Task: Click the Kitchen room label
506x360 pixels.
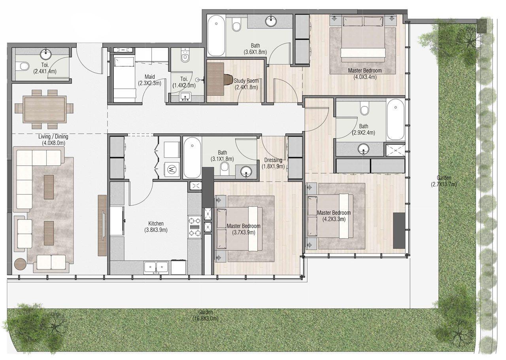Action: tap(154, 224)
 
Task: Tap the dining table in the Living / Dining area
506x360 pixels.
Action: tap(45, 109)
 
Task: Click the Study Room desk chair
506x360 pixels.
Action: tap(228, 79)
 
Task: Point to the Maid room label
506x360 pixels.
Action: tap(149, 77)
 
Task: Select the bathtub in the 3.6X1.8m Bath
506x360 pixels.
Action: tap(216, 36)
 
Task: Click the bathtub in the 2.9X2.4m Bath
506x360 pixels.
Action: tap(395, 119)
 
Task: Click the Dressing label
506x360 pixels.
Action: tap(273, 160)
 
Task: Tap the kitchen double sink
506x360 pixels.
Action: tap(156, 267)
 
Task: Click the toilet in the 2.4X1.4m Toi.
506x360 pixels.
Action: tap(23, 66)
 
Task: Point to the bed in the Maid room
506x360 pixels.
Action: tap(125, 77)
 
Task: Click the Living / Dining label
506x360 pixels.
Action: tap(53, 137)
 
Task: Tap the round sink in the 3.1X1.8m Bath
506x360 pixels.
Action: tap(246, 172)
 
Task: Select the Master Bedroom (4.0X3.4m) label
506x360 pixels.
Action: tap(364, 70)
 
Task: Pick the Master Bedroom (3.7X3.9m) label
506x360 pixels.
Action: tap(244, 226)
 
